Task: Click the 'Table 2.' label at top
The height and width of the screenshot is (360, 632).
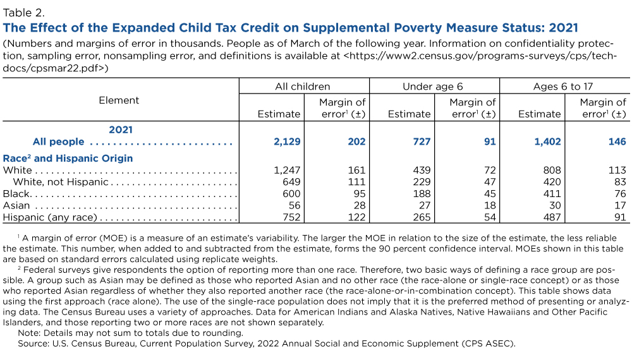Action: click(x=24, y=11)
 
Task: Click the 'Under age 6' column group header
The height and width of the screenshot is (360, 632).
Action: click(x=434, y=87)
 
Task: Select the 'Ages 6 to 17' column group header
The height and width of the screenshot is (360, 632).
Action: click(x=563, y=87)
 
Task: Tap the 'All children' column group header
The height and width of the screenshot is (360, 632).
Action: click(x=302, y=87)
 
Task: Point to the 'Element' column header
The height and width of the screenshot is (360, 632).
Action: click(x=119, y=100)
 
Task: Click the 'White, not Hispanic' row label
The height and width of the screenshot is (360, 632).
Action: click(x=60, y=183)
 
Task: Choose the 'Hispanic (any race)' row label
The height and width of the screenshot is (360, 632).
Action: click(x=51, y=218)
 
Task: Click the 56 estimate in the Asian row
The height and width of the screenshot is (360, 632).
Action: click(x=293, y=206)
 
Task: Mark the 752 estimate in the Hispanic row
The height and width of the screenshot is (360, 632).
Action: click(x=290, y=218)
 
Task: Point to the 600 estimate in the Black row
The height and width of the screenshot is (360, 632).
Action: click(x=290, y=194)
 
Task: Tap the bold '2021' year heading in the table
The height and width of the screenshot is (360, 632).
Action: click(x=120, y=129)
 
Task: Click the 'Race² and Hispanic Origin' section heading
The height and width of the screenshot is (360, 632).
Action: click(x=68, y=158)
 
